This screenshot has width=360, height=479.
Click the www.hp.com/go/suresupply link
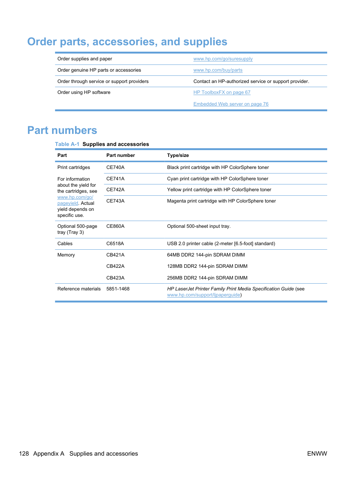[223, 59]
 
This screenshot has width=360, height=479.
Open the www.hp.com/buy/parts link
[218, 70]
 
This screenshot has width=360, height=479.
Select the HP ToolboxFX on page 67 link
[222, 92]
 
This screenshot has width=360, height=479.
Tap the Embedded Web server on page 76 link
[231, 104]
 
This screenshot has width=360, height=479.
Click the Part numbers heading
[62, 130]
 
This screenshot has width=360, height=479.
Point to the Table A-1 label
[67, 144]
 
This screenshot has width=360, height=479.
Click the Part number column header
[120, 155]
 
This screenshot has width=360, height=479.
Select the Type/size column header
[178, 155]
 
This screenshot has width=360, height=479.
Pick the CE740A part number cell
[115, 167]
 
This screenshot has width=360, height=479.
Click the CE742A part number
[115, 190]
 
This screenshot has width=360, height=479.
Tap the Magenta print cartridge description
[221, 201]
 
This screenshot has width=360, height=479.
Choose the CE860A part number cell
[115, 226]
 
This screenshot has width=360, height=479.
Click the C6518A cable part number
[115, 244]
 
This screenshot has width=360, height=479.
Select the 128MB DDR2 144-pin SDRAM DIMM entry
[207, 266]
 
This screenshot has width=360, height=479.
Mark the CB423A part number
[115, 278]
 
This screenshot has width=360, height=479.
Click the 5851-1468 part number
[118, 289]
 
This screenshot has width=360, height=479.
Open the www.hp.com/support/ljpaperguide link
[203, 295]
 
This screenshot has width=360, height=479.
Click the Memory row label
[66, 255]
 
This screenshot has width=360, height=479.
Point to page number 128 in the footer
[24, 454]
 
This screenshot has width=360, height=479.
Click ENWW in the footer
[317, 454]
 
